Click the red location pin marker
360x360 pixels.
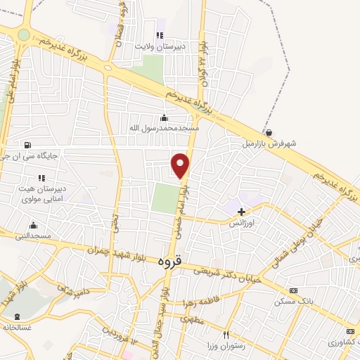click(x=181, y=165)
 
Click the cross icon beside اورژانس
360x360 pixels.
click(x=242, y=211)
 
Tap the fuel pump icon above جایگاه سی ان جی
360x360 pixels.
click(x=27, y=146)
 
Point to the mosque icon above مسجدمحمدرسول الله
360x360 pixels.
click(x=165, y=117)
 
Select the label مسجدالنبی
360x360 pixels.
click(x=33, y=237)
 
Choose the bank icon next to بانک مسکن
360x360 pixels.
click(x=293, y=290)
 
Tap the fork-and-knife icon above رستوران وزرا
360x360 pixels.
click(x=226, y=335)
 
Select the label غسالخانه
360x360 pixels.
click(x=18, y=327)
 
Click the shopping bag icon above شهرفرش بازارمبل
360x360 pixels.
click(x=269, y=131)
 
